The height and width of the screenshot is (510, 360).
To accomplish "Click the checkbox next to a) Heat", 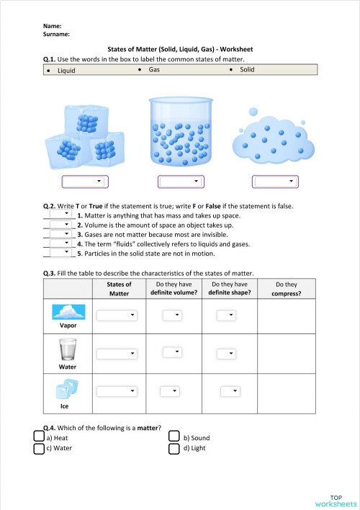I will pyautogui.click(x=39, y=437).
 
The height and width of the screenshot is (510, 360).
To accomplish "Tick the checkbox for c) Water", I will pyautogui.click(x=39, y=449).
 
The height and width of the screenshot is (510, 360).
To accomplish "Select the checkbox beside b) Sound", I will pyautogui.click(x=174, y=437).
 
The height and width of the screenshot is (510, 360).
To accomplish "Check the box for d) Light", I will pyautogui.click(x=174, y=449).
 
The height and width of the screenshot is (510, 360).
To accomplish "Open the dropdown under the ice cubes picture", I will pyautogui.click(x=85, y=182).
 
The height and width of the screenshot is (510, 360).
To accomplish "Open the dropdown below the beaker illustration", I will pyautogui.click(x=179, y=182).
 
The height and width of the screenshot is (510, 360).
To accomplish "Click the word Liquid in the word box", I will pyautogui.click(x=66, y=71).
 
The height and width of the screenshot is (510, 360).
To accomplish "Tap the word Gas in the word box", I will pyautogui.click(x=154, y=70).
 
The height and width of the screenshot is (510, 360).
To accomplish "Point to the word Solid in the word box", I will pyautogui.click(x=247, y=70).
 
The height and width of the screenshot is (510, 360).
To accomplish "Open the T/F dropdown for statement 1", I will pyautogui.click(x=60, y=214).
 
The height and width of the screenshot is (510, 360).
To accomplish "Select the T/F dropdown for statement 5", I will pyautogui.click(x=60, y=253).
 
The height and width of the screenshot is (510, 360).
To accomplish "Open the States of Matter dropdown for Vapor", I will pyautogui.click(x=117, y=316).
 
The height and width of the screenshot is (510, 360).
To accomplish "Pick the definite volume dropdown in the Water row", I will pyautogui.click(x=171, y=352).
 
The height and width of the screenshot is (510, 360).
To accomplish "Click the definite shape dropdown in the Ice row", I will pyautogui.click(x=229, y=391).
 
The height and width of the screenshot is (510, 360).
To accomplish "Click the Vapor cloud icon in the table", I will pyautogui.click(x=68, y=312).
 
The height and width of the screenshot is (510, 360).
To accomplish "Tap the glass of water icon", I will pyautogui.click(x=68, y=351).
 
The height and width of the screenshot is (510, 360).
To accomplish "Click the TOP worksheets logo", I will pyautogui.click(x=336, y=500).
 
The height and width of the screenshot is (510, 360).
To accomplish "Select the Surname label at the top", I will pyautogui.click(x=56, y=33).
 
